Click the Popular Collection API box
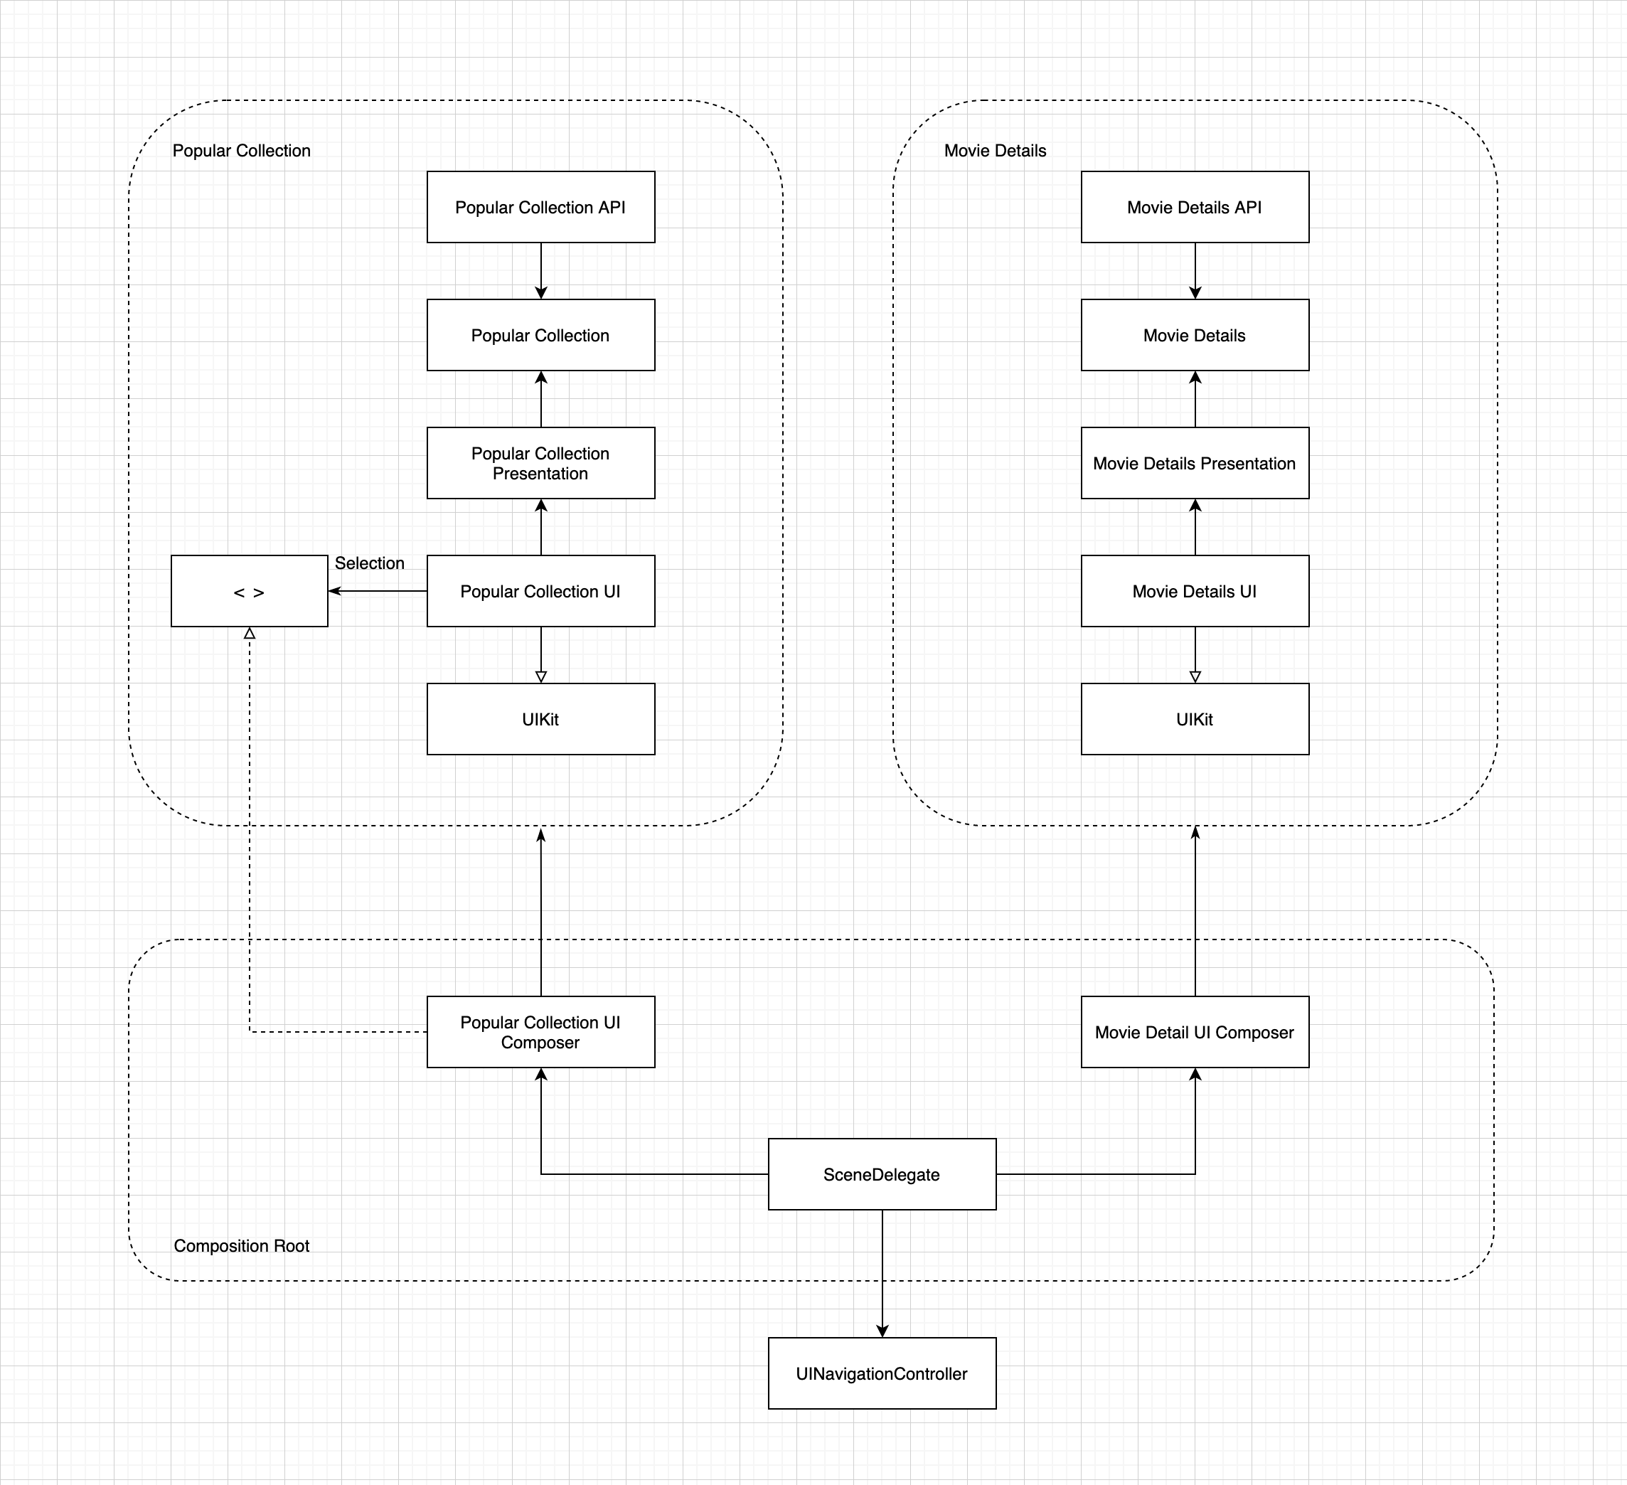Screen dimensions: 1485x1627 (x=540, y=207)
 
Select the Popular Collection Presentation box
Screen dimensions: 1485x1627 (x=540, y=462)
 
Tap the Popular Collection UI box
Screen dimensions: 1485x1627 (x=540, y=591)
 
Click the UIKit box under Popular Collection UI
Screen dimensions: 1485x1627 (x=540, y=719)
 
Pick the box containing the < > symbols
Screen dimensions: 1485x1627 (x=250, y=591)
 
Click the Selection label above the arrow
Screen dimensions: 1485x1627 (x=370, y=563)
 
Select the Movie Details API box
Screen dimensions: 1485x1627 (x=1195, y=207)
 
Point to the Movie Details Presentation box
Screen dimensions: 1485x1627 (x=1195, y=462)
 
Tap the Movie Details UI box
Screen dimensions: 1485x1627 (x=1195, y=591)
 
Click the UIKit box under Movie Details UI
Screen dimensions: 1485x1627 (x=1195, y=719)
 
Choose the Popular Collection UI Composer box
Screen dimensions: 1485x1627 (x=540, y=1031)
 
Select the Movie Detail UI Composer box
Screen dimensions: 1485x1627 (x=1195, y=1031)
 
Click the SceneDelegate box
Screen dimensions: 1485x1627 (x=882, y=1174)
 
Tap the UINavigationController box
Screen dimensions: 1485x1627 (x=882, y=1373)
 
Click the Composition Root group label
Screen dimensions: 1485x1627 (x=241, y=1245)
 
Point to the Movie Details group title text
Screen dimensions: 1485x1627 (x=995, y=151)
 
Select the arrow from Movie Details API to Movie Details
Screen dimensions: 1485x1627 (x=1195, y=270)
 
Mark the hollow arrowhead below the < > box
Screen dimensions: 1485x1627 (x=250, y=634)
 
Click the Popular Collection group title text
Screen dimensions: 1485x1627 (x=241, y=151)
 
